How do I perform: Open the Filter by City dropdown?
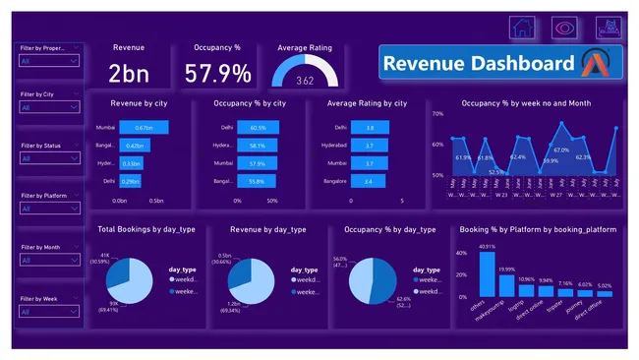[49, 107]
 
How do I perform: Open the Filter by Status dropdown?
[49, 158]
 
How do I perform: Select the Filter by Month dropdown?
[49, 261]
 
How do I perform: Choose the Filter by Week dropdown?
[49, 312]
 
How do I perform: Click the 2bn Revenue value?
[129, 73]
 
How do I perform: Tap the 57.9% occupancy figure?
[217, 73]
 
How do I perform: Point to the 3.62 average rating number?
[305, 80]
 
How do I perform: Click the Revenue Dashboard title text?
[479, 64]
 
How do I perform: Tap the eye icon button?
[564, 28]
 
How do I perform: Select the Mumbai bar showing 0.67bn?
[145, 128]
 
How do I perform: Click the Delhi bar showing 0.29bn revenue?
[131, 181]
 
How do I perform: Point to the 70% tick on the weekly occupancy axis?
[439, 114]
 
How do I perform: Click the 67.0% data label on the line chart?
[561, 150]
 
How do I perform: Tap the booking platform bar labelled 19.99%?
[507, 284]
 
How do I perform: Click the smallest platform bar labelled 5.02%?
[604, 293]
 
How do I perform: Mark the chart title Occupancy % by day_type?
[389, 229]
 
